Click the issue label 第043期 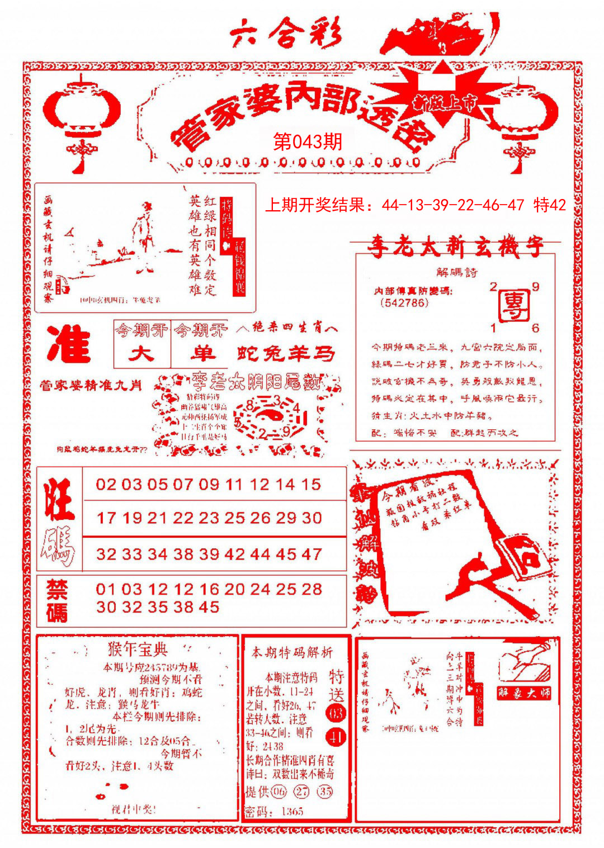click(x=307, y=142)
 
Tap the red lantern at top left click(x=82, y=115)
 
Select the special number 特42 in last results click(x=550, y=205)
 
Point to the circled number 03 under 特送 click(x=337, y=714)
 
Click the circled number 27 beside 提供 click(x=302, y=792)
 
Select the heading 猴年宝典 click(x=138, y=650)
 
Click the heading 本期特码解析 click(x=292, y=652)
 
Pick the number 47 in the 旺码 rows click(x=312, y=554)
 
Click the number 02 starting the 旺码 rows click(x=106, y=484)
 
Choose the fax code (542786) click(x=404, y=303)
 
